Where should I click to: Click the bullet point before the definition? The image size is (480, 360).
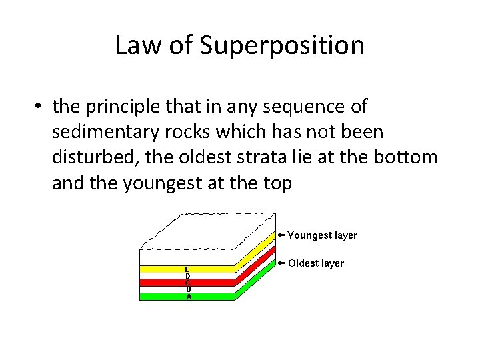[x=41, y=107]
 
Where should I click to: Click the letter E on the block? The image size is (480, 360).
[x=188, y=269]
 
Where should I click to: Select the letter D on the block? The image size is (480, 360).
[x=188, y=275]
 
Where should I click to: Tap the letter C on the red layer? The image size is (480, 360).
[x=188, y=282]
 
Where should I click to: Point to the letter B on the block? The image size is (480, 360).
[x=188, y=289]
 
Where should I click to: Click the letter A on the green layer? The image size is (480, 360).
[x=188, y=297]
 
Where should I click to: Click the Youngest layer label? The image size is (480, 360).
[x=323, y=235]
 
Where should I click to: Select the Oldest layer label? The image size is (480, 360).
[x=316, y=263]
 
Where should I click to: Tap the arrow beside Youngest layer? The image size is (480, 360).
[x=282, y=235]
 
